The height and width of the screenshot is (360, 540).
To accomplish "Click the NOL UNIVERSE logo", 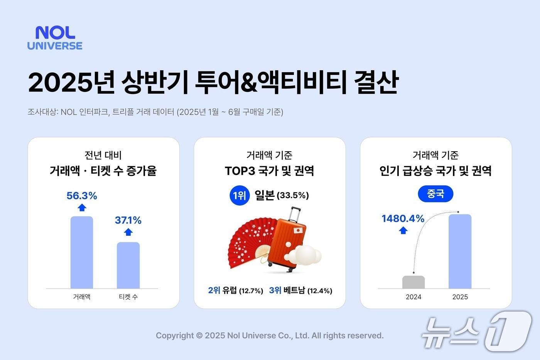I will [x=55, y=38].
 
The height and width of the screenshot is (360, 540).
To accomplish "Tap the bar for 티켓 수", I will [x=128, y=265].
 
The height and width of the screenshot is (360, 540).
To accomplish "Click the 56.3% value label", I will [x=82, y=196].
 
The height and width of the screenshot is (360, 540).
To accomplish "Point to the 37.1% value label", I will [x=128, y=220].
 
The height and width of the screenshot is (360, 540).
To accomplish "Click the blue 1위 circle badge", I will [x=239, y=196].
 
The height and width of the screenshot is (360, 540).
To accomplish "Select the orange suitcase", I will [x=287, y=243].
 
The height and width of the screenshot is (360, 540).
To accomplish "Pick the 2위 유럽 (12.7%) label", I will [x=235, y=291].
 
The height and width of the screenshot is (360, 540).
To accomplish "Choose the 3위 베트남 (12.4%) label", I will [x=300, y=291].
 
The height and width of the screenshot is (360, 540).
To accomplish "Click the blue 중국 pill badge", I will [x=435, y=194].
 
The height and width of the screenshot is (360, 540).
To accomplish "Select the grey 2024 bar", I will [x=413, y=282].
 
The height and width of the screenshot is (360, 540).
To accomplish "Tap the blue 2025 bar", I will [x=460, y=251].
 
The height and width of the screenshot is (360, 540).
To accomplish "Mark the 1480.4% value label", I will [x=403, y=219].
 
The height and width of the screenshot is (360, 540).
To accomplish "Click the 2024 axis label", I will [x=413, y=297].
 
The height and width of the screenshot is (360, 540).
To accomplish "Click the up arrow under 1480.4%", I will [x=403, y=230].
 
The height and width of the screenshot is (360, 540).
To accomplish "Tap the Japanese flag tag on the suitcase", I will [x=298, y=230].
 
